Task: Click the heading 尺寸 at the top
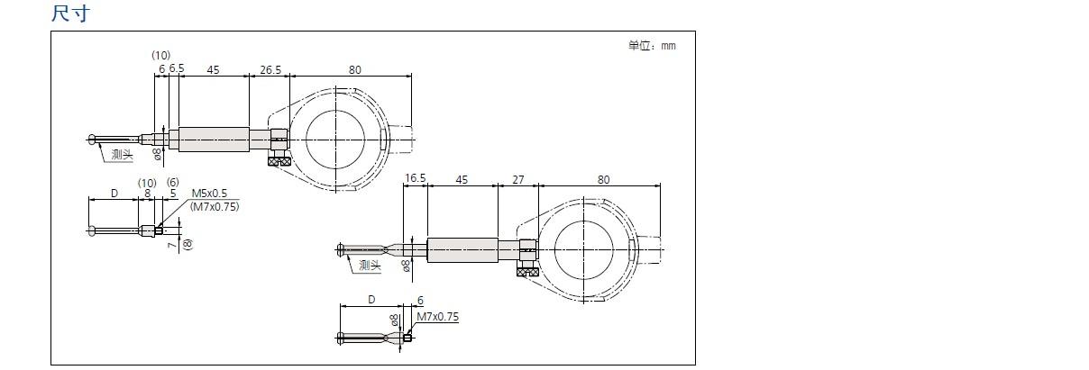70,14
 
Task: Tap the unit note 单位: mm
652,46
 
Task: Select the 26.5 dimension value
270,70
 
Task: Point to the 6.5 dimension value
177,68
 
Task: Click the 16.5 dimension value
416,178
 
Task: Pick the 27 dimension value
518,180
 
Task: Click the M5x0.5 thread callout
209,194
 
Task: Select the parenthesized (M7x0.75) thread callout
215,207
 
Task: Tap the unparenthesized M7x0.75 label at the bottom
437,317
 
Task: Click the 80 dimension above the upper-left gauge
355,70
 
